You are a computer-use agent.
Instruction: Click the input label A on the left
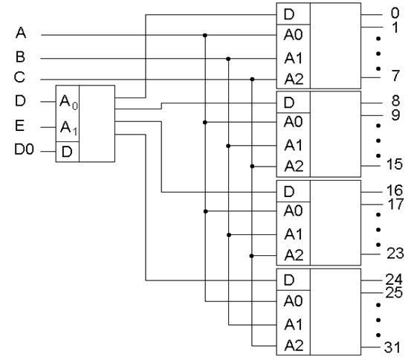(21, 33)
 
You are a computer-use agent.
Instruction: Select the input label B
(20, 57)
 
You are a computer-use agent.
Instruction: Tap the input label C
(19, 77)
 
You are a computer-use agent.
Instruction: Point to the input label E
(20, 126)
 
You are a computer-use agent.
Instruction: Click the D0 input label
(24, 150)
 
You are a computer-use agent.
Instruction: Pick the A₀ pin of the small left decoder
(68, 102)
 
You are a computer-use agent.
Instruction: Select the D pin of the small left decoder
(67, 152)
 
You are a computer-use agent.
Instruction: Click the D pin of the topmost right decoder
(289, 14)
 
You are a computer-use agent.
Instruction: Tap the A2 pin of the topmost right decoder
(294, 79)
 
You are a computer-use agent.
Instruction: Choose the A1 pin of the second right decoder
(293, 145)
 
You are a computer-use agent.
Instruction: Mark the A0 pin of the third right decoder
(293, 210)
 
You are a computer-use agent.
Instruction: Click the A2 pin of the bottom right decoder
(294, 345)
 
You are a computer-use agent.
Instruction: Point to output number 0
(395, 13)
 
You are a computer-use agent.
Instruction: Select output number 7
(395, 76)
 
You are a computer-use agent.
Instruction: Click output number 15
(395, 164)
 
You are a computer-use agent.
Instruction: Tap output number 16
(395, 190)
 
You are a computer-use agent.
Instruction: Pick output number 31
(392, 347)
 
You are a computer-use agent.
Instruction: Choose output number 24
(394, 279)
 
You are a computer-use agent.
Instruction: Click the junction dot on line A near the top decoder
(204, 35)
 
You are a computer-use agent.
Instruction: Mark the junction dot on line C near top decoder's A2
(252, 79)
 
